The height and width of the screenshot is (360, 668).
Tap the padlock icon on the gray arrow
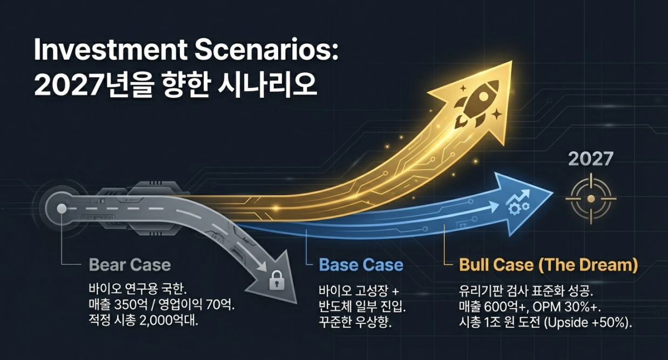tap(276, 280)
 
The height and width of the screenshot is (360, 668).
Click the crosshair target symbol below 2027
tap(590, 199)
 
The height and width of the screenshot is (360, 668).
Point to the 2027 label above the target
tap(590, 159)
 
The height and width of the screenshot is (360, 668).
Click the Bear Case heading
tap(130, 265)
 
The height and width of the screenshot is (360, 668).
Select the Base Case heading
tap(361, 265)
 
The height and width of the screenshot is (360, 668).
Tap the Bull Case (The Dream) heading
tap(548, 265)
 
